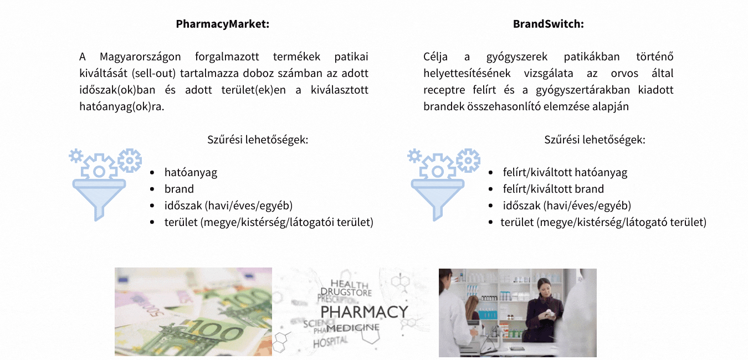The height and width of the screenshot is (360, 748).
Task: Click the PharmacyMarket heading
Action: [222, 24]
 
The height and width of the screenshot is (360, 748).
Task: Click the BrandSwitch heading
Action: [549, 24]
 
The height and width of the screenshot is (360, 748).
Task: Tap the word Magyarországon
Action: [140, 57]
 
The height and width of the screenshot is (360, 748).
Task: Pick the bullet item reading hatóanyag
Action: [191, 172]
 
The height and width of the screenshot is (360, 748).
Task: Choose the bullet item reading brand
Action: [179, 189]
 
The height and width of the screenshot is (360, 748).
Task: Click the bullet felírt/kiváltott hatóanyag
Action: [565, 172]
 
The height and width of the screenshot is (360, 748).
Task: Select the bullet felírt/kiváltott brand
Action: [554, 189]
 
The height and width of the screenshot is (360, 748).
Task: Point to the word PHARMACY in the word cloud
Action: [365, 312]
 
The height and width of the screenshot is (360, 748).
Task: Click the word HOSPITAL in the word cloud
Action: [331, 342]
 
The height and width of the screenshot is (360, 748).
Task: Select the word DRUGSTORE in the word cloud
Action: [346, 292]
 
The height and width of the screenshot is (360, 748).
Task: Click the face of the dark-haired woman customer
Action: [544, 286]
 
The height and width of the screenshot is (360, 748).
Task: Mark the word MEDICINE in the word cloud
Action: [353, 328]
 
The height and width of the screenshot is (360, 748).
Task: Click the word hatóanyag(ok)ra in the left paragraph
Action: [122, 106]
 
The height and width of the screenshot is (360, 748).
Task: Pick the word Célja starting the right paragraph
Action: [436, 57]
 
